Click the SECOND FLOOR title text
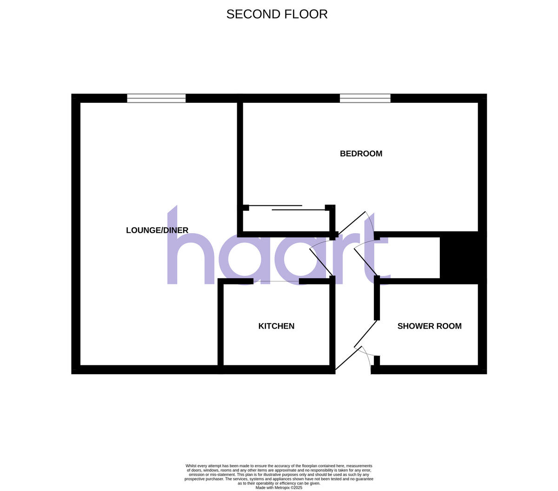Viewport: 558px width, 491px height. [x=277, y=14]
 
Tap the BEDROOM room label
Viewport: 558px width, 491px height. [x=361, y=154]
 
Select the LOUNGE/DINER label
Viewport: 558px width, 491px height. [x=157, y=230]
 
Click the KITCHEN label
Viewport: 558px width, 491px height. [x=276, y=326]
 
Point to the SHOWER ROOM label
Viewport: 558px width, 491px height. [x=429, y=326]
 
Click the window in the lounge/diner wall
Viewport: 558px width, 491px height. [x=156, y=98]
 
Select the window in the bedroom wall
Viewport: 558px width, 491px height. [x=365, y=98]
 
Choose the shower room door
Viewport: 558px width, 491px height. [x=366, y=333]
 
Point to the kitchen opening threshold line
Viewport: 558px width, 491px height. [x=276, y=282]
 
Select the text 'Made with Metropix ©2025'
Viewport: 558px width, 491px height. [x=279, y=488]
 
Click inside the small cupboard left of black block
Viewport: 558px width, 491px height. [x=409, y=258]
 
